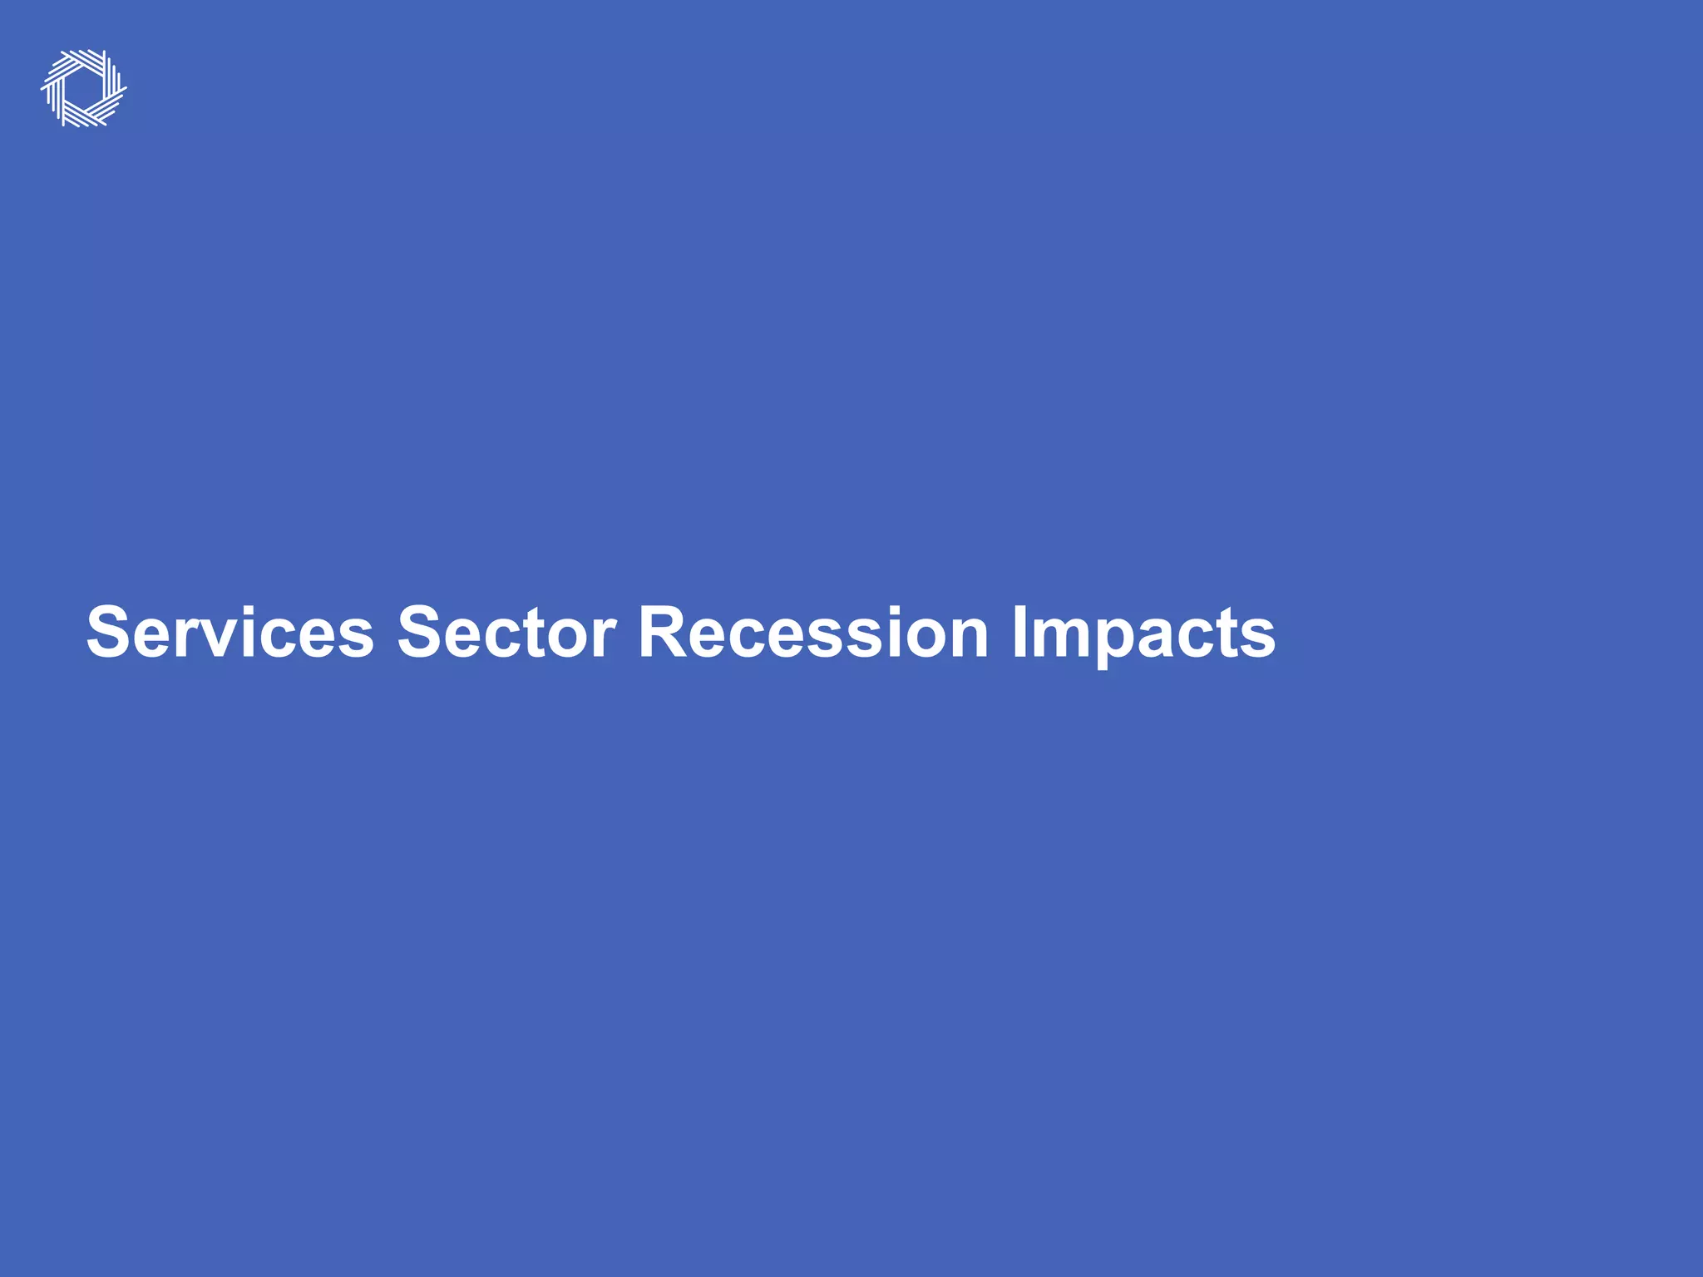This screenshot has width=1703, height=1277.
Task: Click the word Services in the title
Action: (230, 632)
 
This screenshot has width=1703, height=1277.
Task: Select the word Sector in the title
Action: (506, 632)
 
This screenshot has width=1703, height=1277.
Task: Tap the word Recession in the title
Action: (812, 632)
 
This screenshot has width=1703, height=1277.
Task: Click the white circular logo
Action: (84, 88)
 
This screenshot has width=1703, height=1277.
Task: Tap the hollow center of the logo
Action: (84, 88)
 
